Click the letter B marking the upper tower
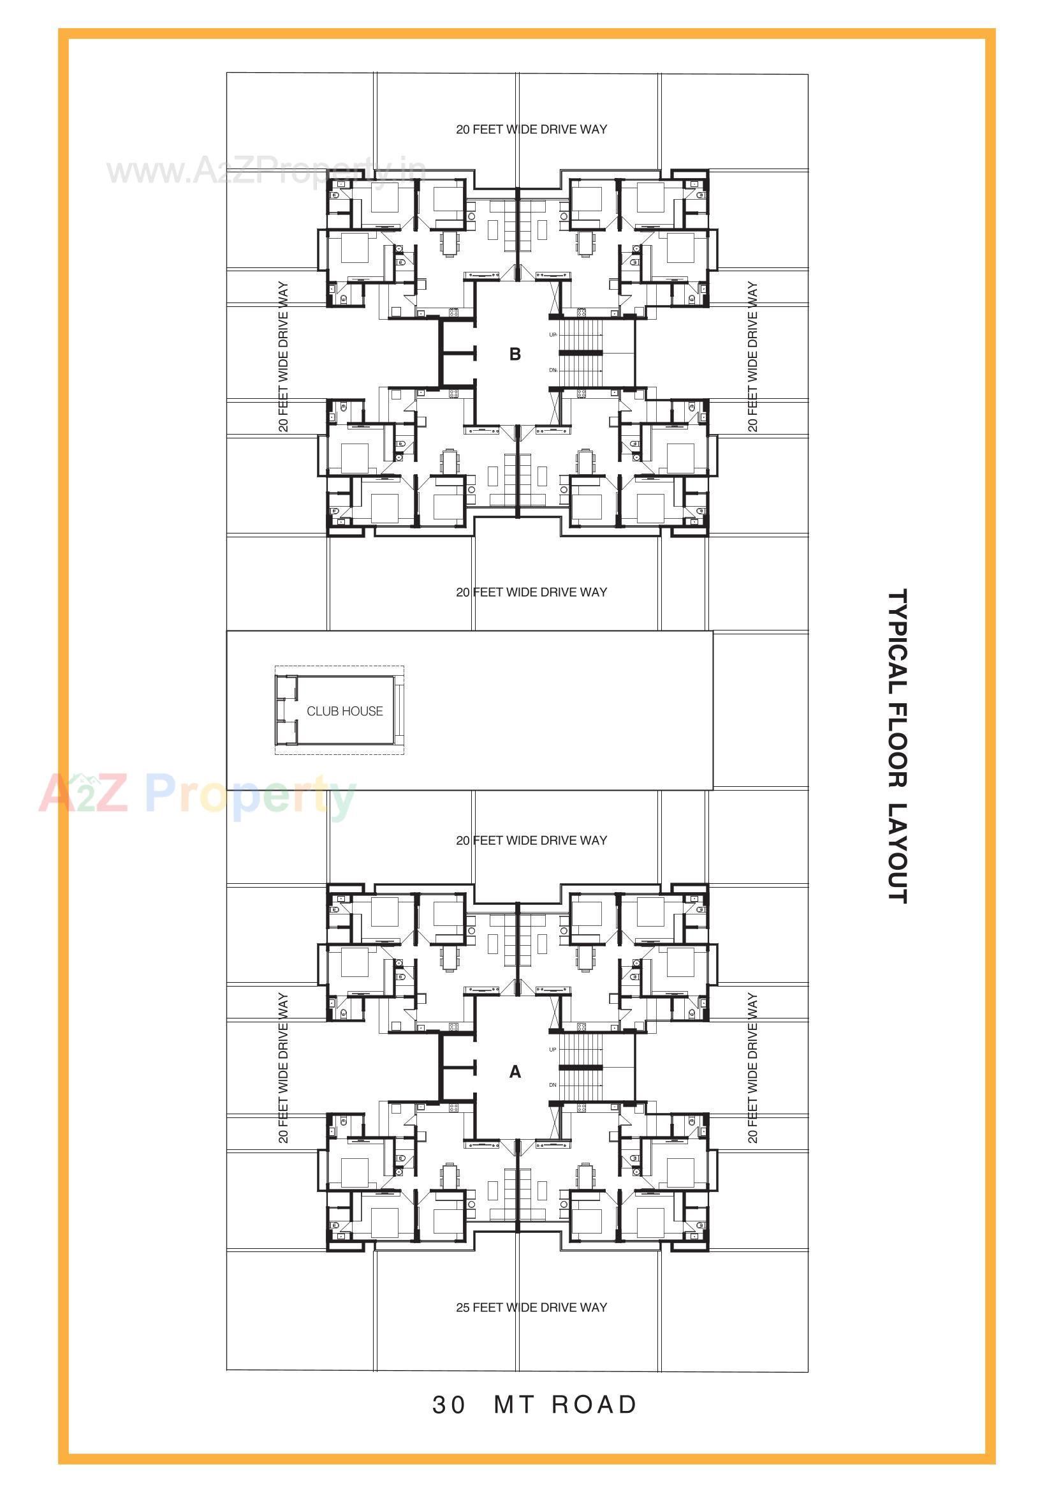coord(515,354)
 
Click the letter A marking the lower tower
coord(515,1071)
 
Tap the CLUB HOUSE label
coord(345,711)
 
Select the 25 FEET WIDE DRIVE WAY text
coord(531,1307)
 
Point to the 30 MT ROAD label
coord(534,1405)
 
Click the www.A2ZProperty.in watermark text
coord(267,171)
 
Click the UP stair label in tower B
coord(553,334)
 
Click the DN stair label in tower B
coord(553,370)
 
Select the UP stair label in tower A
coord(553,1050)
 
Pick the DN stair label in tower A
coord(553,1085)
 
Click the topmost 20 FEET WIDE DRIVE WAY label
coord(531,130)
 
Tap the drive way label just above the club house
coord(531,592)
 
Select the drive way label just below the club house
coord(531,840)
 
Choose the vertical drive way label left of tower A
coord(283,1068)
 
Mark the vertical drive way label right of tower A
coord(752,1068)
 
